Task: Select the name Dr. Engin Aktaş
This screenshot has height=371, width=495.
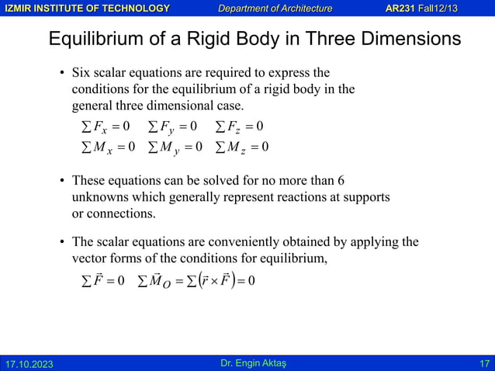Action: pyautogui.click(x=247, y=362)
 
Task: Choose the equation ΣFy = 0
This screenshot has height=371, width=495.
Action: pyautogui.click(x=172, y=126)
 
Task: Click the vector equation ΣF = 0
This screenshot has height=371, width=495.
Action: pyautogui.click(x=99, y=280)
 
